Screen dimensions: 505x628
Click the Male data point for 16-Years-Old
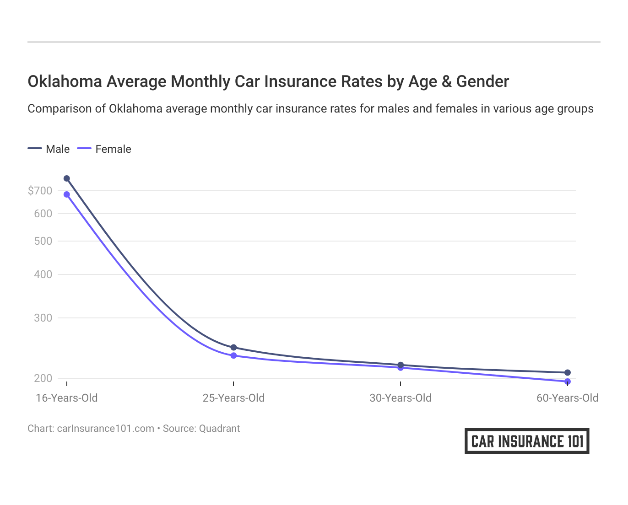click(67, 178)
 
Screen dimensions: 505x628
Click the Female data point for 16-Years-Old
click(67, 194)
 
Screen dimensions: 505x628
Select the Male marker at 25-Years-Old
click(233, 348)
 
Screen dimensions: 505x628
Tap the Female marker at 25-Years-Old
click(233, 355)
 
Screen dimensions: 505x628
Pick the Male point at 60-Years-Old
click(568, 373)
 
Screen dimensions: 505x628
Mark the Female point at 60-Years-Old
click(568, 381)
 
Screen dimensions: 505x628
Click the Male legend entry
click(49, 149)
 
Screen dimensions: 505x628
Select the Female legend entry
click(105, 149)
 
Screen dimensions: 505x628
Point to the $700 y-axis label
click(40, 191)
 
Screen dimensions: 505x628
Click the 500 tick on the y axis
click(43, 241)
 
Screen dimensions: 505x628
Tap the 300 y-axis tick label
click(43, 318)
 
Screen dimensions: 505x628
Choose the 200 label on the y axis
click(43, 378)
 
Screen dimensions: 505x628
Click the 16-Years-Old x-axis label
click(67, 398)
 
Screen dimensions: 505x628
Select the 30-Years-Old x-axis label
click(401, 398)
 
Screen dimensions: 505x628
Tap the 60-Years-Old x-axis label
click(567, 398)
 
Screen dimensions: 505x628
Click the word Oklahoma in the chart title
click(65, 81)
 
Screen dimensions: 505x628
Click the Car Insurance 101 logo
click(527, 441)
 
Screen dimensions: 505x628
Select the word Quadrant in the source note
click(220, 429)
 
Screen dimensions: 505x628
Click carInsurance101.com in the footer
click(105, 429)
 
